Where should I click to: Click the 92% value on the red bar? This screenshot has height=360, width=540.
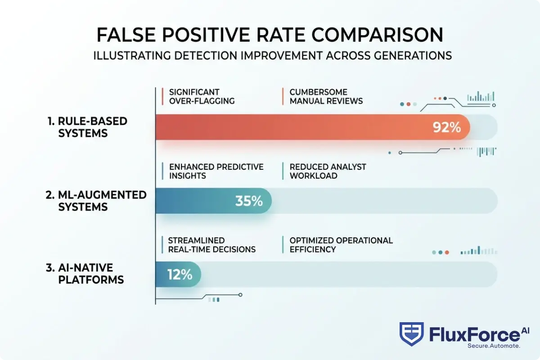tap(446, 127)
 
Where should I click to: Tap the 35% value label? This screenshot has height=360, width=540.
tap(249, 201)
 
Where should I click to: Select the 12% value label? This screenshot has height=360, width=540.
tap(180, 274)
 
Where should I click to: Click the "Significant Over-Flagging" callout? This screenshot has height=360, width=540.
tap(202, 96)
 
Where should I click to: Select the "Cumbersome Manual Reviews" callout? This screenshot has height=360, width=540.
tap(326, 96)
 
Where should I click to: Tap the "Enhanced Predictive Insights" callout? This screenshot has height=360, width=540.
tap(216, 171)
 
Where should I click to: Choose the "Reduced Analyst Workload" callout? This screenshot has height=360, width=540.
tap(328, 171)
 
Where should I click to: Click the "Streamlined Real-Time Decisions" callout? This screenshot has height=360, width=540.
tap(211, 245)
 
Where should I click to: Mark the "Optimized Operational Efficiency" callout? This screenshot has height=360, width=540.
tap(341, 245)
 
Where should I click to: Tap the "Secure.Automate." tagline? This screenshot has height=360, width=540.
tap(494, 346)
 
